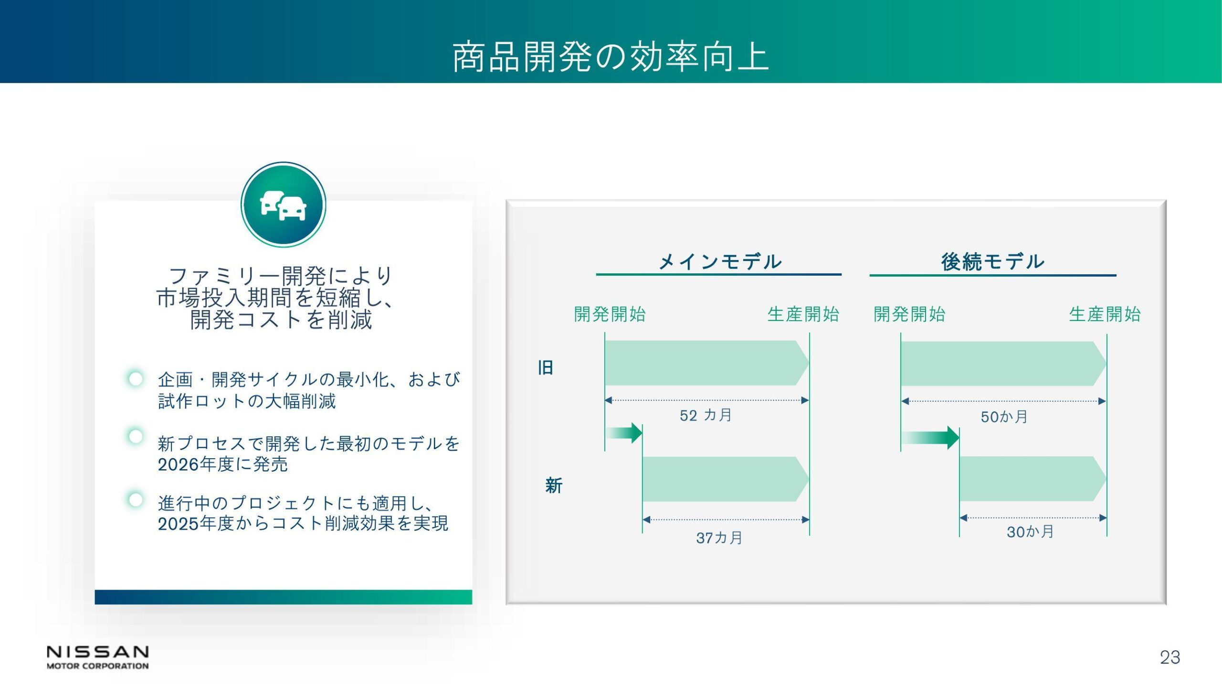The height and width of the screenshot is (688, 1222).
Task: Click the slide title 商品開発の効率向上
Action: pos(611,57)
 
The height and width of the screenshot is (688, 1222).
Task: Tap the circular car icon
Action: pos(284,204)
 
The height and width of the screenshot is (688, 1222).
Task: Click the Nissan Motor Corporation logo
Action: pos(98,657)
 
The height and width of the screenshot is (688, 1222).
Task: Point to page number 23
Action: pos(1170,657)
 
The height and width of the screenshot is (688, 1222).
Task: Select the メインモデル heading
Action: pos(719,261)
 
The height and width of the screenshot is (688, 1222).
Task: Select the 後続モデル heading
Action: pos(993,261)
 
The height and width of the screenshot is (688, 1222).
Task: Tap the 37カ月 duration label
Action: pos(719,538)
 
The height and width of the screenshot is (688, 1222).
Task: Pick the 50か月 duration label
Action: pos(1004,417)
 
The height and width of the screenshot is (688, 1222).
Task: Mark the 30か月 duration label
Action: pos(1031,532)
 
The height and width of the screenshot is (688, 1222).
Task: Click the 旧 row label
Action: pos(546,367)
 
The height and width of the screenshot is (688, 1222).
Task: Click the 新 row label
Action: pos(554,485)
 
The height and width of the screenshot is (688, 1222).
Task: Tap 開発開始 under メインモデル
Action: pos(610,314)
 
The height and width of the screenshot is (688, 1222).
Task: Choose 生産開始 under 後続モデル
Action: pos(1105,314)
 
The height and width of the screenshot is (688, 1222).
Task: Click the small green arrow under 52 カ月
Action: pos(624,433)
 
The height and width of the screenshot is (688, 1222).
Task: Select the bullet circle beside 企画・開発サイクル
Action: pos(136,379)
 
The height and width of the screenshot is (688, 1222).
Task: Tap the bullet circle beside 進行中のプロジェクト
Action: pos(136,500)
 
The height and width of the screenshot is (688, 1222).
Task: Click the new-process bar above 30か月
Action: pos(1033,479)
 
